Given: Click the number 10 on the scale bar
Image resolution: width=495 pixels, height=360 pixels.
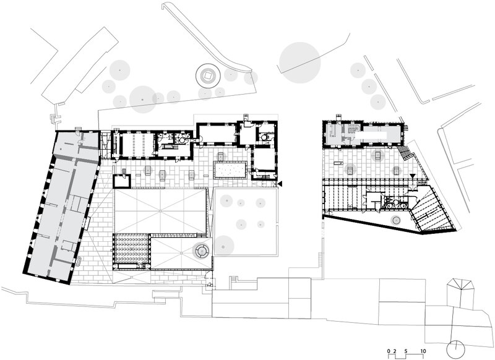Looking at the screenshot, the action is [x=423, y=351].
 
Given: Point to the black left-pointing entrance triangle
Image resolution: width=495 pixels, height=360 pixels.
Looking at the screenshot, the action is [x=280, y=184].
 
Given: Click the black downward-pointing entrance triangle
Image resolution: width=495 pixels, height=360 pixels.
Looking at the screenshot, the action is [x=412, y=176].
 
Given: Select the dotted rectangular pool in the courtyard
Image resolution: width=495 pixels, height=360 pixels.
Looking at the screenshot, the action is [x=230, y=169].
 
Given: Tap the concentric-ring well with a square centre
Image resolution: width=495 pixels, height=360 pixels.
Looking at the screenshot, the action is [x=208, y=75].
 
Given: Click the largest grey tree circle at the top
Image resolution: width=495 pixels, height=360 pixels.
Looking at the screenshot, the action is [x=300, y=62].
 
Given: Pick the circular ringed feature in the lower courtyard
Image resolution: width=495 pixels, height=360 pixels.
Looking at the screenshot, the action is [x=201, y=251].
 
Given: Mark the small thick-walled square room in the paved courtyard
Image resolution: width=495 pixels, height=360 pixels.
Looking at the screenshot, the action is [x=122, y=181].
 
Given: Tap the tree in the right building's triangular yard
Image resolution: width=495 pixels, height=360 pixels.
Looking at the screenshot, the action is [x=395, y=220].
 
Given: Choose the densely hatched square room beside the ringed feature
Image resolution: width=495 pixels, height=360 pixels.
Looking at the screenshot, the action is [x=131, y=248].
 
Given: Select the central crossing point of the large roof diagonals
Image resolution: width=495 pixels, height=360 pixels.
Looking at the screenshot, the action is [x=160, y=210].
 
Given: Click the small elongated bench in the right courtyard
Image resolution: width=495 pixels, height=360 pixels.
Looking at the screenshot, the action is [x=338, y=163].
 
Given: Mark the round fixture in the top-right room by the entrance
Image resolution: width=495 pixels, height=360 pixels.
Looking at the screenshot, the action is [x=263, y=137].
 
